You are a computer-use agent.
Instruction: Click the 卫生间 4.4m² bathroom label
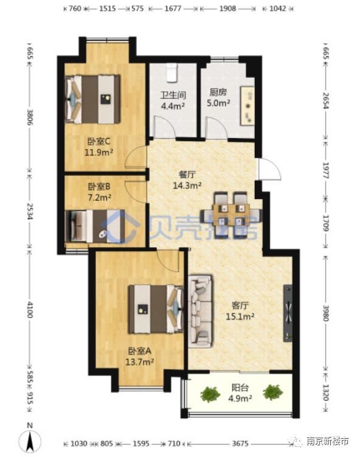pos(173,100)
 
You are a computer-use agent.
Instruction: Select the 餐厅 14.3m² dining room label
pos(187,180)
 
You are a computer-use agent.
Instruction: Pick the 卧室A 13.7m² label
pos(139,356)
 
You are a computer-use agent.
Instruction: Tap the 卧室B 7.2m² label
pos(99,192)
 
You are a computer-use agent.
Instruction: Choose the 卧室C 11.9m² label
pos(99,147)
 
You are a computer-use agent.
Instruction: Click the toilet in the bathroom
pos(171,73)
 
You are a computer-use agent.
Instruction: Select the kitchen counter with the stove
pos(247,106)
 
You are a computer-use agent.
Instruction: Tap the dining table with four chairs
pos(231,215)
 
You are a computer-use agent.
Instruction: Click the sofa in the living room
pos(200,311)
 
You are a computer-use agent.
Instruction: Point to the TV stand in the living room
pos(288,313)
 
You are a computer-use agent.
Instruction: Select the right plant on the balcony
pos(273,392)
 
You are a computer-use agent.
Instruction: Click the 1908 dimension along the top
pos(227,9)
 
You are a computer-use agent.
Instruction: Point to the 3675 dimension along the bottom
pos(240,444)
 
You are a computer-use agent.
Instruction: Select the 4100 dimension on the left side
pos(30,310)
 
